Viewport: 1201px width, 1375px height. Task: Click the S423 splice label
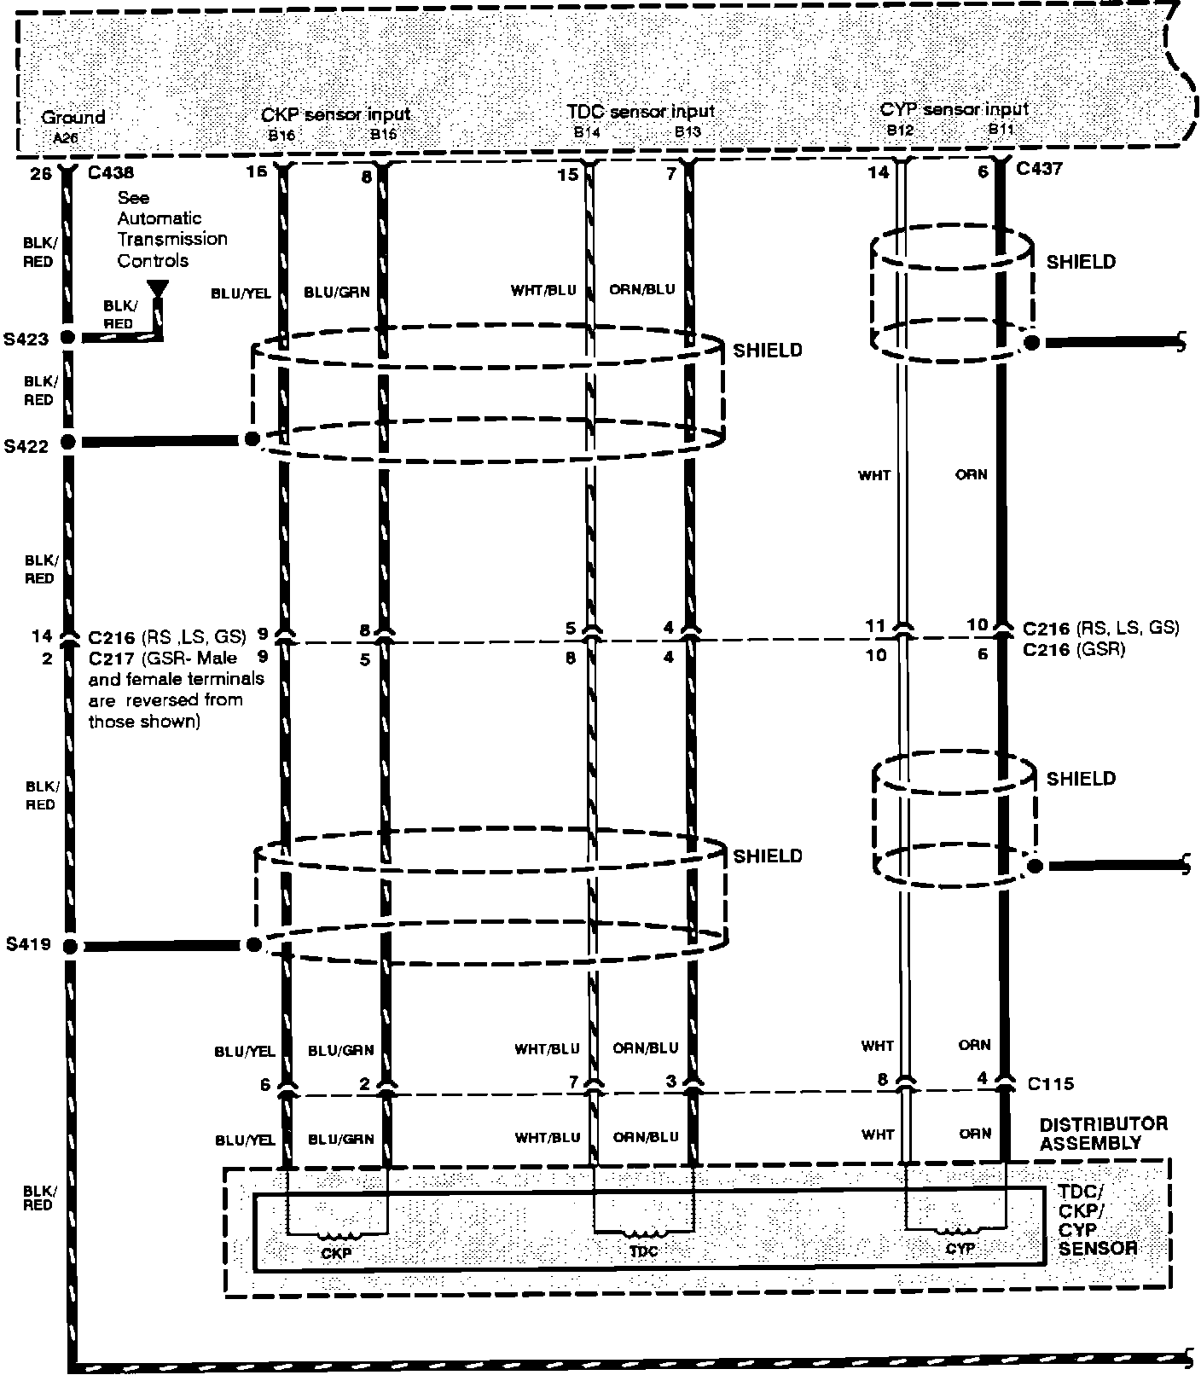click(27, 339)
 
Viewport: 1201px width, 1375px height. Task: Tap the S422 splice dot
click(68, 443)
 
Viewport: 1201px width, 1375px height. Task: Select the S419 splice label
click(27, 945)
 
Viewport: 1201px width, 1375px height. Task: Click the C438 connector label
click(110, 172)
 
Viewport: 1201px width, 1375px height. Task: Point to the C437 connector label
click(1040, 169)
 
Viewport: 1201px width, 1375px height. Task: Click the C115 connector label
click(1050, 1084)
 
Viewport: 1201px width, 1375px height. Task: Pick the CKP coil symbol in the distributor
click(338, 1234)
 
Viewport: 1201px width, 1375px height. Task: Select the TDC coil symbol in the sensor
click(643, 1233)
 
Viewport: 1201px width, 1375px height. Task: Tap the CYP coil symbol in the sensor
click(960, 1231)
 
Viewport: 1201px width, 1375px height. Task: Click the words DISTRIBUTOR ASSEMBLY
click(1103, 1134)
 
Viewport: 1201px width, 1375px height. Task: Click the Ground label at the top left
click(73, 117)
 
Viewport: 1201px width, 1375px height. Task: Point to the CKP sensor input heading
click(335, 114)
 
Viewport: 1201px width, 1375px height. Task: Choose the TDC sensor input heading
click(641, 112)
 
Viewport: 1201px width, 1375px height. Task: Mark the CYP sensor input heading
click(954, 109)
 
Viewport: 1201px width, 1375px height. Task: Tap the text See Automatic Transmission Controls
click(171, 229)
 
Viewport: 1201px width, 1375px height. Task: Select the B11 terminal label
click(1001, 130)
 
